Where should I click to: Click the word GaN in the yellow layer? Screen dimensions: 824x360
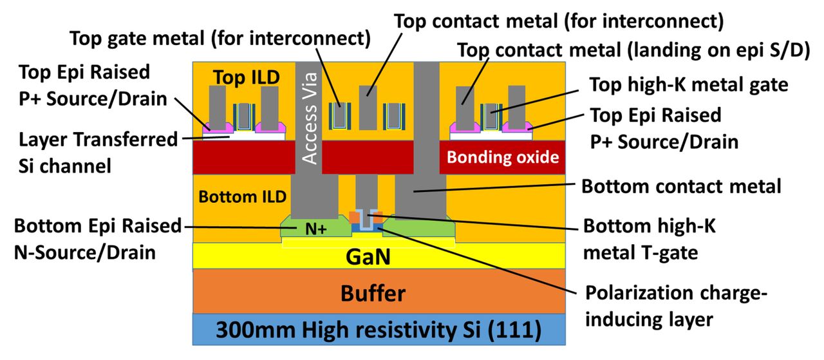368,256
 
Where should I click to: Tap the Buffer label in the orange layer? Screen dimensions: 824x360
373,294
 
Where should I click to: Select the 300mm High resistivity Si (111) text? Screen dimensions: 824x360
379,330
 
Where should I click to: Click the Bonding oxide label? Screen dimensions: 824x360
503,157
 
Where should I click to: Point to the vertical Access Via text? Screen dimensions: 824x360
310,118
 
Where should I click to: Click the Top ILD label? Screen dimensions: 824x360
247,77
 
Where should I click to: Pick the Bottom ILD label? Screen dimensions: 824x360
243,197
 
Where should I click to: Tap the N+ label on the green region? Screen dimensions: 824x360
316,229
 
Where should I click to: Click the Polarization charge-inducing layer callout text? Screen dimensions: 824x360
676,307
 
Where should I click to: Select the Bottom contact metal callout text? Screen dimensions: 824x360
681,186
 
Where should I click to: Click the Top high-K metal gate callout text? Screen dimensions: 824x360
689,85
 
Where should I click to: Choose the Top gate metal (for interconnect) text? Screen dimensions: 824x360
220,39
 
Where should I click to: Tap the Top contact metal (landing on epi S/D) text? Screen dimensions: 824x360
633,50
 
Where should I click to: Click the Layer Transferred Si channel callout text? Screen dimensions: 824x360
98,153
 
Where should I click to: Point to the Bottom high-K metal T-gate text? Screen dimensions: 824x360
650,240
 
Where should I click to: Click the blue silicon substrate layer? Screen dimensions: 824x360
379,330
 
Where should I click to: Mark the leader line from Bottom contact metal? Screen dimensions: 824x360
494,187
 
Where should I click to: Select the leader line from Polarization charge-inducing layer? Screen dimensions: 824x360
477,261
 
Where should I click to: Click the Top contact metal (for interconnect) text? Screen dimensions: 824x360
559,21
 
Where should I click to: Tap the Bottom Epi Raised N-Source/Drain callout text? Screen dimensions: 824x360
98,240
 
